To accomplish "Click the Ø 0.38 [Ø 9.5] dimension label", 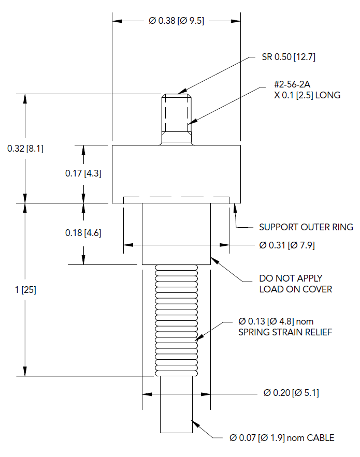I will tap(176, 21).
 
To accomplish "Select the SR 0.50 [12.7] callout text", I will tap(289, 57).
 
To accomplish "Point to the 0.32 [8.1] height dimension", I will tap(25, 149).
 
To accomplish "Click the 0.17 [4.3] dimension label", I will tap(83, 174).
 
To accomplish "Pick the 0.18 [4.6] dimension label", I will tap(83, 233).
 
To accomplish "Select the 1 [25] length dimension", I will tap(25, 290).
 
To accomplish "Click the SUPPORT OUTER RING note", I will tap(306, 227).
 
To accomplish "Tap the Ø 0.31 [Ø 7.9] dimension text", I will tap(286, 245).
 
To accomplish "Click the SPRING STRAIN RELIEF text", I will tap(285, 332).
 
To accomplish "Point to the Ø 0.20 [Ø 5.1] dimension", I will tap(291, 393).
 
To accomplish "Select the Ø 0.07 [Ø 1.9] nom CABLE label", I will tap(282, 438).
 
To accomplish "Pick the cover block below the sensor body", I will tap(177, 233).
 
